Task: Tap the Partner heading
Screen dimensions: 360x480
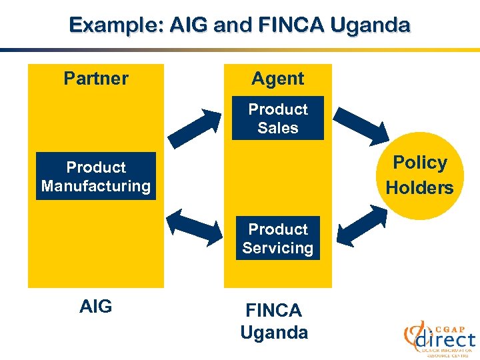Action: coord(96,79)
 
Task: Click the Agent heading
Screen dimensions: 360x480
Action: coord(277,79)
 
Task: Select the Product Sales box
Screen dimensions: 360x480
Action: coord(277,118)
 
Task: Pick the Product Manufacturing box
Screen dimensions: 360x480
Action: coord(96,176)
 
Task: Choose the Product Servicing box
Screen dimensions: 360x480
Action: coord(277,238)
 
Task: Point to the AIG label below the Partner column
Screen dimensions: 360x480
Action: coord(96,307)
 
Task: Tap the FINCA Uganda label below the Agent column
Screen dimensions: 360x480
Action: coord(274,321)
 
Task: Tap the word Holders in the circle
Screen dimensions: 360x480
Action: coord(419,188)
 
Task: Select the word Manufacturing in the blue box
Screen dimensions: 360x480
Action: coord(96,185)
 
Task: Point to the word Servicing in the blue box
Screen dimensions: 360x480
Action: coord(277,248)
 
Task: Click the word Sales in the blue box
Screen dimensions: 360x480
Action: coord(277,128)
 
